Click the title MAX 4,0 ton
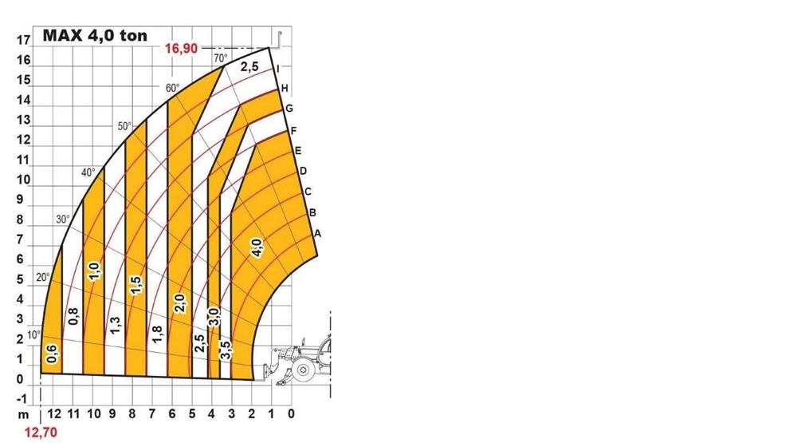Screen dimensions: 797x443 coord(95,36)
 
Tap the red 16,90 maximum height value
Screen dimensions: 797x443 coord(181,49)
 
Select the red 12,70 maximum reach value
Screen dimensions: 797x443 coord(41,433)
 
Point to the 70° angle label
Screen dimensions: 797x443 coord(221,58)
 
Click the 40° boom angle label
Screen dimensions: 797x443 coord(88,172)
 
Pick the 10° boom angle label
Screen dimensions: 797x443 coord(33,335)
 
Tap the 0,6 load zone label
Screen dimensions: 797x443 coord(52,354)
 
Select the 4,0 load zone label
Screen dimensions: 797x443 coord(257,248)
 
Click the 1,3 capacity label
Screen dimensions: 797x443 coord(116,326)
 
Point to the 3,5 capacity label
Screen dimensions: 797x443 coord(226,350)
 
